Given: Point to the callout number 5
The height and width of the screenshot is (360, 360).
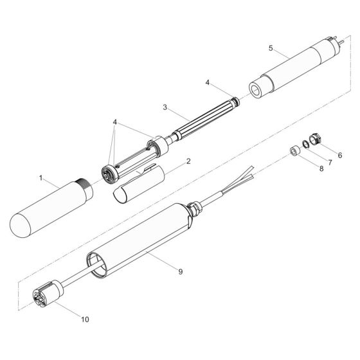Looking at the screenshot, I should pyautogui.click(x=271, y=48).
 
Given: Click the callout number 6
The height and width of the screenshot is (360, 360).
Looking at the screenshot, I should pyautogui.click(x=339, y=155).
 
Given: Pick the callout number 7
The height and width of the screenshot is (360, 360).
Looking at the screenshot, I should pyautogui.click(x=328, y=163).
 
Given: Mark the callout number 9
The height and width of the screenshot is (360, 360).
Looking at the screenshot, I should pyautogui.click(x=181, y=272).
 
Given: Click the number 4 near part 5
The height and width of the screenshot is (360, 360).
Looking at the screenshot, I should pyautogui.click(x=207, y=82).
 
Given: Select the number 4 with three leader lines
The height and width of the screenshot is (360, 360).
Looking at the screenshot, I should pyautogui.click(x=114, y=122).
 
